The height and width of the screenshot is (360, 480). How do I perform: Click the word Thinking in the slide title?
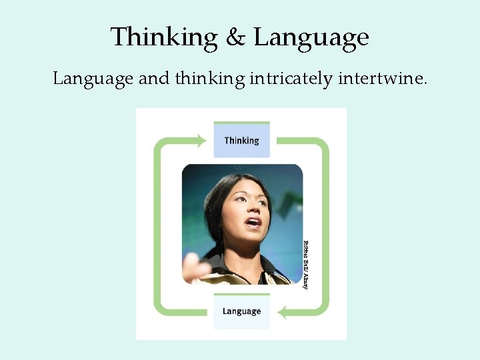click(x=163, y=37)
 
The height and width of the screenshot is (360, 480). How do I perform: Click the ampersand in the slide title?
click(x=235, y=37)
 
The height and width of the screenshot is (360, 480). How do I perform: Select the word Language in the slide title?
click(x=311, y=37)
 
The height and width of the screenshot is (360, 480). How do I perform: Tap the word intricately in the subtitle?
click(x=290, y=79)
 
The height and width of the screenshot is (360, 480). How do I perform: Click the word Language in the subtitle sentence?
click(x=93, y=79)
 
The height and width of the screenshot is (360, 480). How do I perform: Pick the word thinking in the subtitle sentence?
click(x=210, y=79)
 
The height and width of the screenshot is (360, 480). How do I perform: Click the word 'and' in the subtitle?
click(x=154, y=79)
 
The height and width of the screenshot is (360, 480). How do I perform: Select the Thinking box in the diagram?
click(x=241, y=140)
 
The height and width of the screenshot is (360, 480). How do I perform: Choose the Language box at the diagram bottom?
click(x=241, y=311)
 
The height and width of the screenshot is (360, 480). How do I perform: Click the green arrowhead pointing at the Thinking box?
click(x=200, y=141)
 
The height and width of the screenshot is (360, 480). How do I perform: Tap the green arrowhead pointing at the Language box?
click(x=283, y=311)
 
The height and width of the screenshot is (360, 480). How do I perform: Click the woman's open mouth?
click(x=254, y=223)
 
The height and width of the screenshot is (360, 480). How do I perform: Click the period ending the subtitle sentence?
click(x=425, y=83)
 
